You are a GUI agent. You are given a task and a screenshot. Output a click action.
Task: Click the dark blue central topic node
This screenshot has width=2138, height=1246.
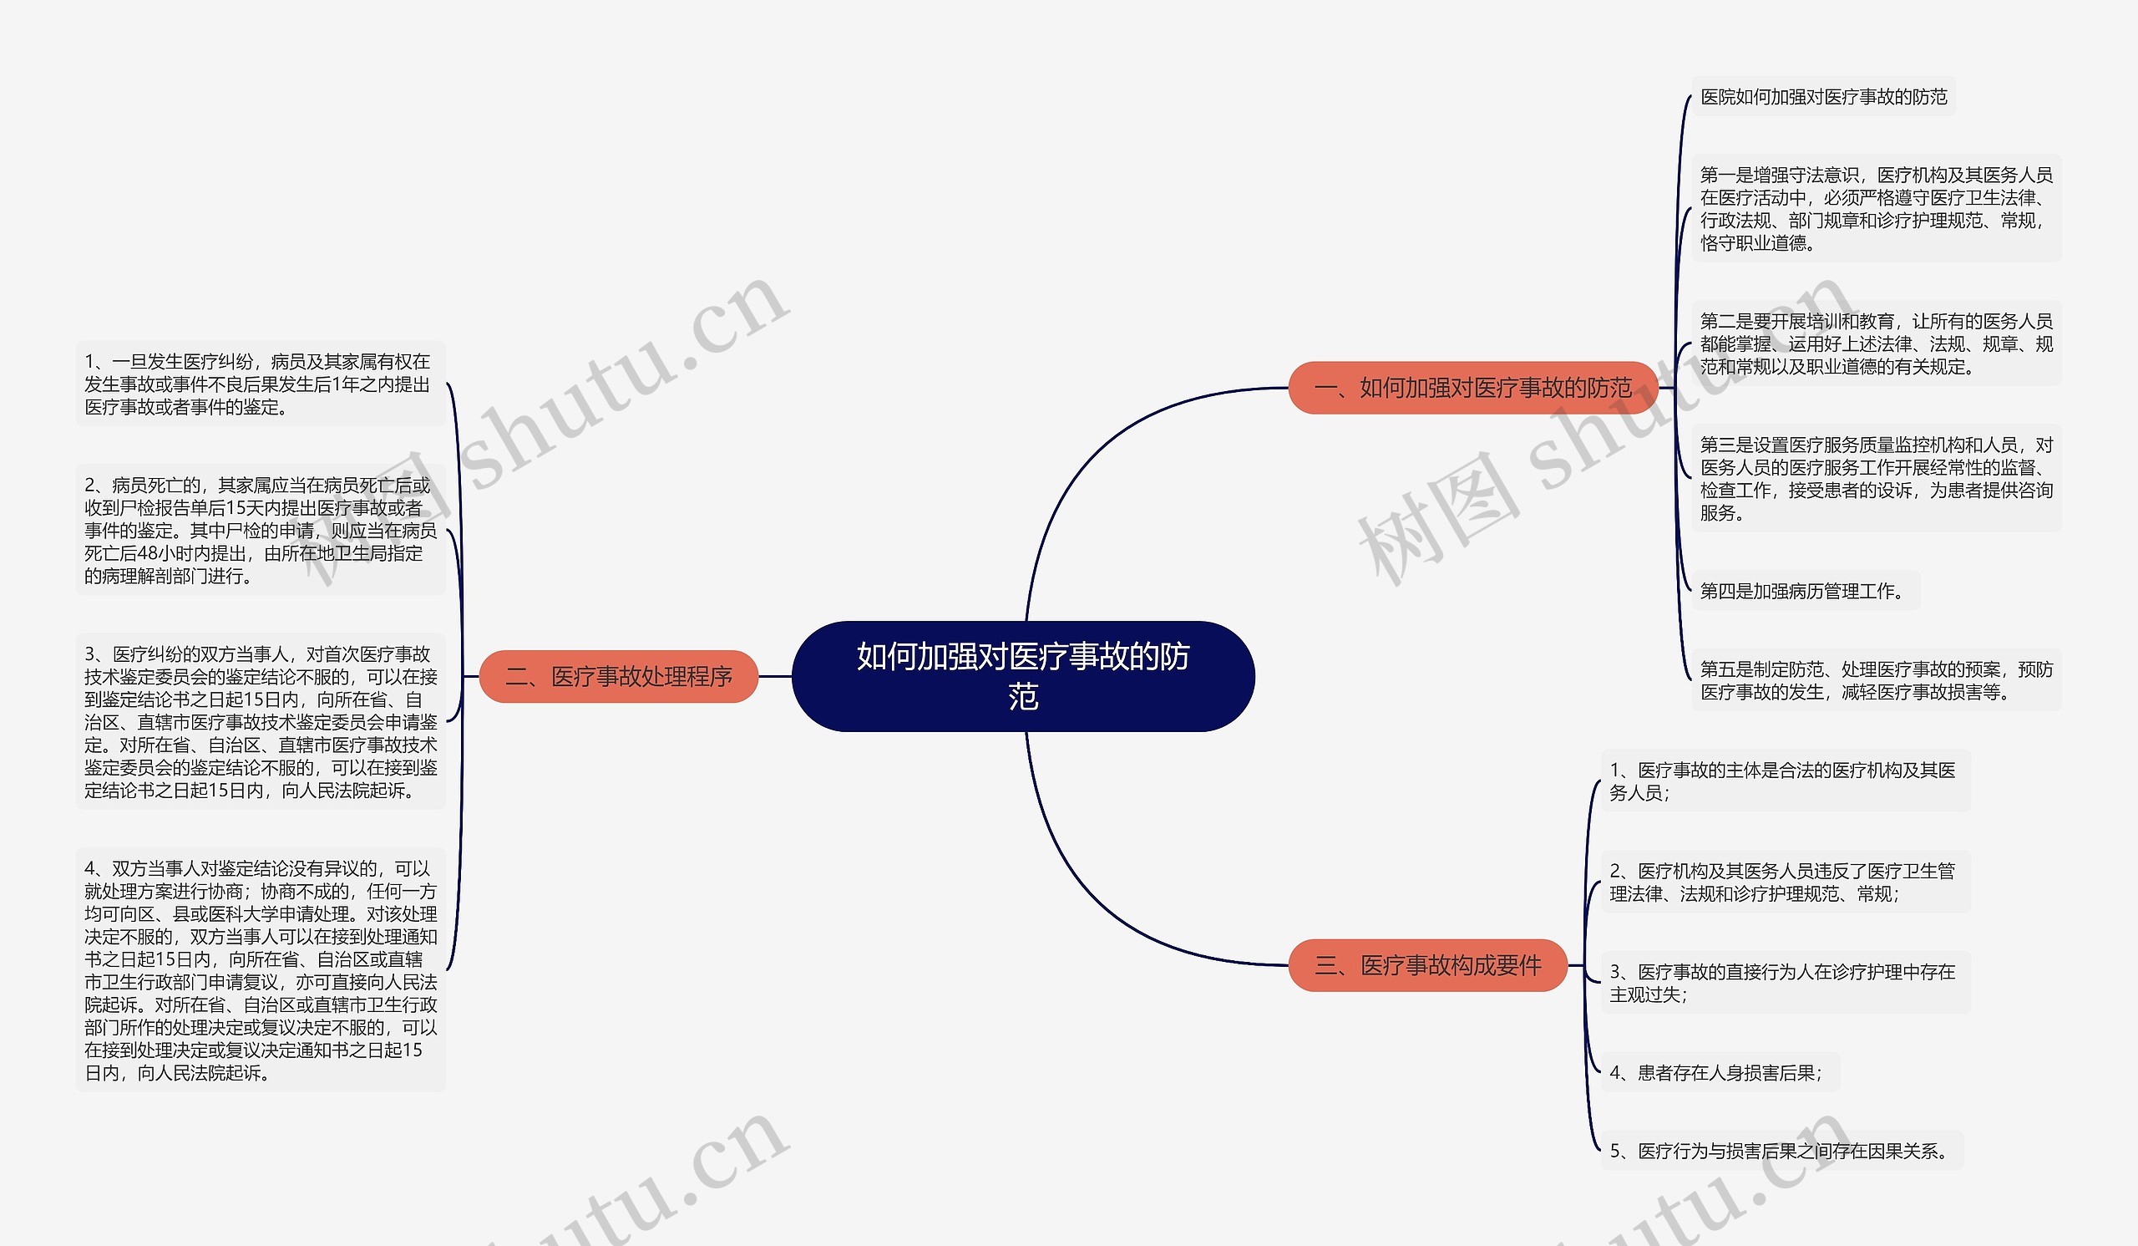[x=1023, y=676]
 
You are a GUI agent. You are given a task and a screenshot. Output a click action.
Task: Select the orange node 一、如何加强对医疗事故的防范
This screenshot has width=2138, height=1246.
[x=1473, y=388]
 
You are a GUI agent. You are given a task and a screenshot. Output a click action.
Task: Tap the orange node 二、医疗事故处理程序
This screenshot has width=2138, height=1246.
[x=619, y=676]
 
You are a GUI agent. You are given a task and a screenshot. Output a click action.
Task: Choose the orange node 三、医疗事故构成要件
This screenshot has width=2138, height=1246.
[x=1428, y=965]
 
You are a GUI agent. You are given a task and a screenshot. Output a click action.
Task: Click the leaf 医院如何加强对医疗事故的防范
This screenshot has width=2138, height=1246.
[x=1823, y=97]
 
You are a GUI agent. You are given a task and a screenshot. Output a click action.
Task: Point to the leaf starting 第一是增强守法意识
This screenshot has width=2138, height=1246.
[x=1876, y=209]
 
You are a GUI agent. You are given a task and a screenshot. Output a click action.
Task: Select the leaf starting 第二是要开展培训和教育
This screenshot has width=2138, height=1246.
[x=1876, y=343]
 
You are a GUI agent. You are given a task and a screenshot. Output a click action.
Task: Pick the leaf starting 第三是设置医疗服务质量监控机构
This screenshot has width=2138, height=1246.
[x=1876, y=479]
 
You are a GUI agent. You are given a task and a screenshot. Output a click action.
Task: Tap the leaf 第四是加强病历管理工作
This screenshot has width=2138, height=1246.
[x=1806, y=591]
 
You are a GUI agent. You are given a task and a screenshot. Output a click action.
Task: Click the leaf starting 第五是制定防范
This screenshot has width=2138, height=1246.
[x=1876, y=681]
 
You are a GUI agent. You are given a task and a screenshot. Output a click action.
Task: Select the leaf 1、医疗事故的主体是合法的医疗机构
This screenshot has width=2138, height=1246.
[x=1785, y=781]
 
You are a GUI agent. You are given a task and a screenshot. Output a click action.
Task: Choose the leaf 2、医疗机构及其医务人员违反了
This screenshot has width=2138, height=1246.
[x=1785, y=882]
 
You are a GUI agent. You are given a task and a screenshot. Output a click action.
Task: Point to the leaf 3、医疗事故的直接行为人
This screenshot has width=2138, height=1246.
[x=1785, y=983]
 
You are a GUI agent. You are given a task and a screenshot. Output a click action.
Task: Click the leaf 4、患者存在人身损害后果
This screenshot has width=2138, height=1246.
[x=1720, y=1073]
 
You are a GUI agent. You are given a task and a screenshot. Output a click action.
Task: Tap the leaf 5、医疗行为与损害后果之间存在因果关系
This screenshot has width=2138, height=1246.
[x=1781, y=1151]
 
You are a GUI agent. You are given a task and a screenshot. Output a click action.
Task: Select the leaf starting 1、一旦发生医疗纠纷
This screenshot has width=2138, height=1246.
[x=261, y=384]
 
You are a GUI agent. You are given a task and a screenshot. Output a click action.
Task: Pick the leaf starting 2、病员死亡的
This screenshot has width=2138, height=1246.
[x=261, y=531]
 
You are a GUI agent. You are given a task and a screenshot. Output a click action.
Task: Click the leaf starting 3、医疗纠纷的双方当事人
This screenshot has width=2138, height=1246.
[x=261, y=722]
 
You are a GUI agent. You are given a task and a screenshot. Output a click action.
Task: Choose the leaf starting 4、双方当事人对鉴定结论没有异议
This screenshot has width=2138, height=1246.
[x=261, y=970]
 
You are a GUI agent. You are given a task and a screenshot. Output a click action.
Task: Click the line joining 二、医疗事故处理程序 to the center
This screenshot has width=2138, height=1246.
[x=774, y=676]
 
